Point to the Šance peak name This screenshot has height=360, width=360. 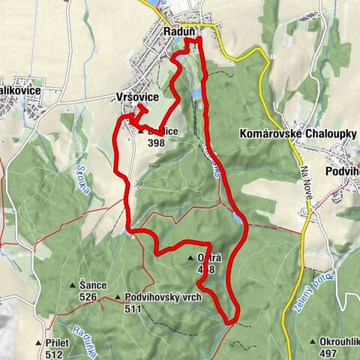click(94, 285)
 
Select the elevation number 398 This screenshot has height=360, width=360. click(156, 142)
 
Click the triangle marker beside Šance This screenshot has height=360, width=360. click(73, 286)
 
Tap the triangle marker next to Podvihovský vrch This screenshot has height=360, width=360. click(118, 298)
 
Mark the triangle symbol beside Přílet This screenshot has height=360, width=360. click(38, 343)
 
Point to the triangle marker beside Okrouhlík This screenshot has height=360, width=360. click(312, 343)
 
